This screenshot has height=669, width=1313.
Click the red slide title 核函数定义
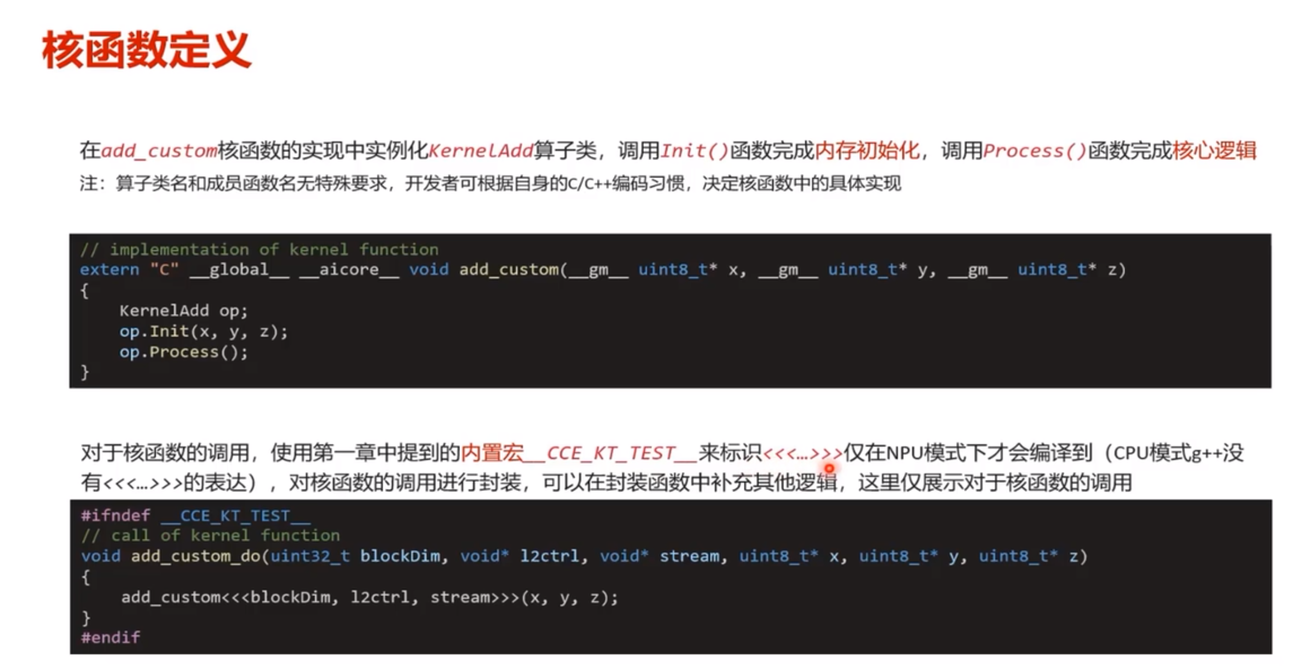tap(146, 50)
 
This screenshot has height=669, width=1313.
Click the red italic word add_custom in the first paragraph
tap(159, 151)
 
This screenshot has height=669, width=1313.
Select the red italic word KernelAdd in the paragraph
tap(481, 151)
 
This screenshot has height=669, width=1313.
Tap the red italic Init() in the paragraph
tap(694, 151)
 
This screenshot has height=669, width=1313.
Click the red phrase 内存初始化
tap(867, 151)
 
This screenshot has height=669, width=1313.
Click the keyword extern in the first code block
tap(109, 269)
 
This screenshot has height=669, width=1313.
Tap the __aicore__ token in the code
tap(349, 270)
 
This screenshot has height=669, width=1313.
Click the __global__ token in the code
tap(239, 270)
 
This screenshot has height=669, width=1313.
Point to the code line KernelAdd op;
tap(184, 310)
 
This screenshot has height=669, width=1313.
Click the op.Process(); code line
tap(184, 352)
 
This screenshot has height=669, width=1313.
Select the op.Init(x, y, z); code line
tap(204, 331)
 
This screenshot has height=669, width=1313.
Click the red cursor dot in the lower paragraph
tap(829, 468)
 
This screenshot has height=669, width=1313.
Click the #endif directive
tap(110, 637)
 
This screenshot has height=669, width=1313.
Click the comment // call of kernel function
tap(210, 535)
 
